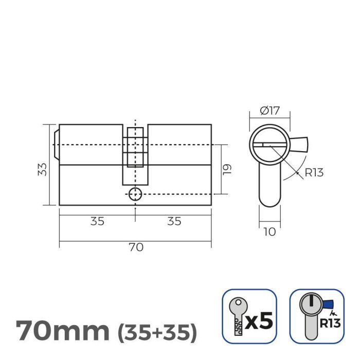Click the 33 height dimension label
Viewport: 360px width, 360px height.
(x=43, y=169)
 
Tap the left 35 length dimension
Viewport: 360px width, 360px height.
(x=97, y=221)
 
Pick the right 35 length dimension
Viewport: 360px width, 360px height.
(x=174, y=221)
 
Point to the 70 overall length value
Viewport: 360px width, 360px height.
(x=135, y=247)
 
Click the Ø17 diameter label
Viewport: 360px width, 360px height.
(x=269, y=110)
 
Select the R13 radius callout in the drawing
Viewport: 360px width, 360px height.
(x=314, y=173)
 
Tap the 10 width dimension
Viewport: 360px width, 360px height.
(x=269, y=232)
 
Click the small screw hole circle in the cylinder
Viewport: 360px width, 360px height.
(x=135, y=194)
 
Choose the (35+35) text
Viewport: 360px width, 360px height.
(x=157, y=332)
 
